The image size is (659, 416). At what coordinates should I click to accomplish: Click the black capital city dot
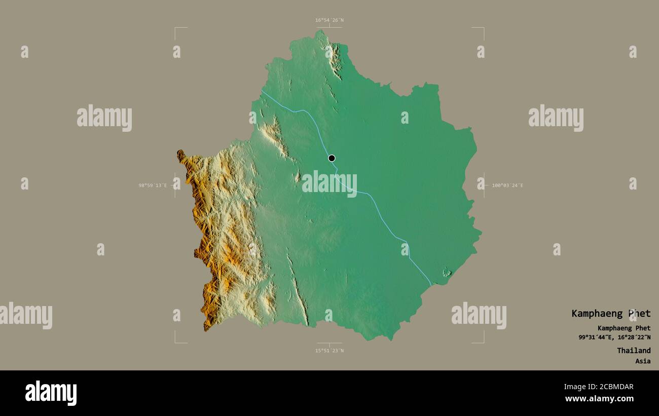point(332,158)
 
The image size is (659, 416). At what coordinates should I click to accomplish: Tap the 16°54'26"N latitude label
point(329,20)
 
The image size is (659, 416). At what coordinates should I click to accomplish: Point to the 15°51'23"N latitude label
point(329,350)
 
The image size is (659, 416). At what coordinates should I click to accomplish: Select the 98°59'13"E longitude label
point(153,185)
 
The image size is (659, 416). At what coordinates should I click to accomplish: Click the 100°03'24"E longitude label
point(507,185)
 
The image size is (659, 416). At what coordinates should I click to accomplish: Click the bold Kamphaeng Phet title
point(611,314)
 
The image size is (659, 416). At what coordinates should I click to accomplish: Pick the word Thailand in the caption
point(634,351)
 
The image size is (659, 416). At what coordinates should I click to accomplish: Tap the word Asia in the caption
point(643,361)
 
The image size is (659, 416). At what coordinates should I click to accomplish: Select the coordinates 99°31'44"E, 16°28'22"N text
point(614,337)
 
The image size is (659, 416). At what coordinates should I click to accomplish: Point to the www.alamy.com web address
point(599,399)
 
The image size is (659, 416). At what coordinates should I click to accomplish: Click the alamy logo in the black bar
point(51,393)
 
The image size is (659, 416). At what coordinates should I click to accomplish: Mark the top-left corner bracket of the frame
point(176,28)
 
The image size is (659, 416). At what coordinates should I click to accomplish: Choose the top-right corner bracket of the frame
point(483,28)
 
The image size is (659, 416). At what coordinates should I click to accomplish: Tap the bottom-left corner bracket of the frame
point(176,342)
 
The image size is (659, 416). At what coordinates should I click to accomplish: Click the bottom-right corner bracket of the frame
point(483,342)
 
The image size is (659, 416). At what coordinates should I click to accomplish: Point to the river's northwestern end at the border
point(262,91)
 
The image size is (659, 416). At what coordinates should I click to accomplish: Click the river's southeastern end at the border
point(431,285)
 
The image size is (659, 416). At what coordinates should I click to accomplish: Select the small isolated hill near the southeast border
point(447,272)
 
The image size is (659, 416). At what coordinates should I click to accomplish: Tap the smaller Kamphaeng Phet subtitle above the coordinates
point(624,328)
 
